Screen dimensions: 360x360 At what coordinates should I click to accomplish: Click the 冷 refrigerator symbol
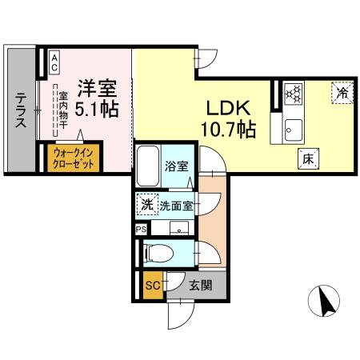pyautogui.click(x=341, y=93)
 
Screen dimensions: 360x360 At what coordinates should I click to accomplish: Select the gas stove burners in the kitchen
pyautogui.click(x=293, y=94)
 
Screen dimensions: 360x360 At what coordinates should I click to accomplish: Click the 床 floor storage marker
pyautogui.click(x=306, y=158)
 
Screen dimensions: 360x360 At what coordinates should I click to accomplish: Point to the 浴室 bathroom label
pyautogui.click(x=177, y=166)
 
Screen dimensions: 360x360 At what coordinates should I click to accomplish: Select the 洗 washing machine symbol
pyautogui.click(x=146, y=205)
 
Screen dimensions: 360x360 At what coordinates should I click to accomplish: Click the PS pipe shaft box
pyautogui.click(x=142, y=229)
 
